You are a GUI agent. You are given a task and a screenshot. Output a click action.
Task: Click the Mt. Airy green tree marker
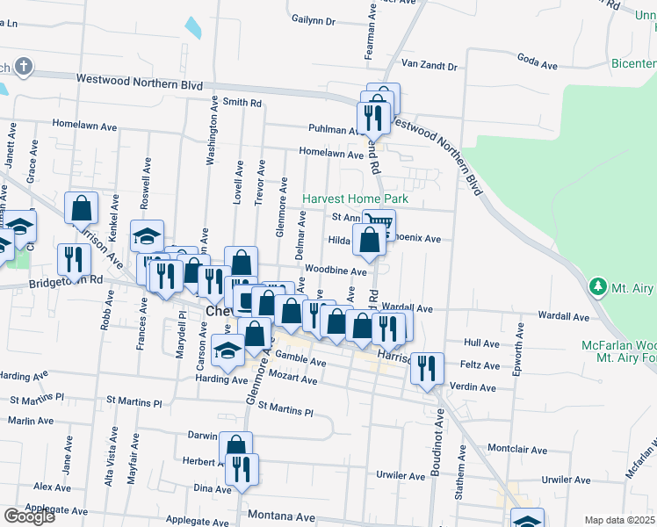point(598,286)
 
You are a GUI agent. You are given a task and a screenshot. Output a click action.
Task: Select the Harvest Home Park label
point(355,199)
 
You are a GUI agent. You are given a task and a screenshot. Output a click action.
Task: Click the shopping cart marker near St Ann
point(378,223)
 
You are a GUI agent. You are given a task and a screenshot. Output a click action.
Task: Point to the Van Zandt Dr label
point(430,66)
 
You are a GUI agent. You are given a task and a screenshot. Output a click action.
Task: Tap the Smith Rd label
point(242,103)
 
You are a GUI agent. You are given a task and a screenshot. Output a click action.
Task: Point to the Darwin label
point(203,434)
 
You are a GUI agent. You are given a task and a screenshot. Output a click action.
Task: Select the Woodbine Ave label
point(336,272)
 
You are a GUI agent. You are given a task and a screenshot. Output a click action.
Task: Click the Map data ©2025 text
point(620,520)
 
